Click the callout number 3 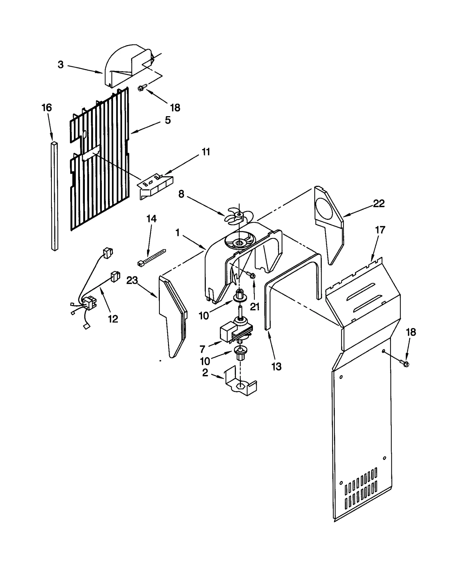61,65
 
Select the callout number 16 47,108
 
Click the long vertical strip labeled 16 55,197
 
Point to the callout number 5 168,120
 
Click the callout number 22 379,204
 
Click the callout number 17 380,230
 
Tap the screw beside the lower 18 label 405,364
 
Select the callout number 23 132,280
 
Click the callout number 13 276,367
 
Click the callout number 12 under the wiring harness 113,319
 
